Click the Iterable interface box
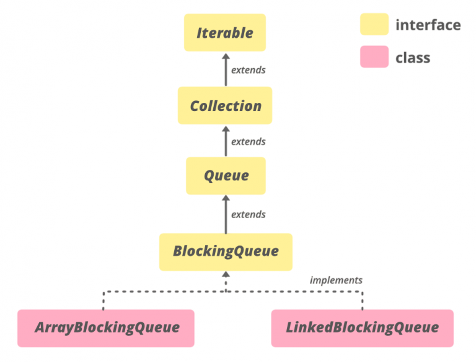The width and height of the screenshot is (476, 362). pos(225,32)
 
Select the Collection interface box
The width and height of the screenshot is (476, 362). pos(225,105)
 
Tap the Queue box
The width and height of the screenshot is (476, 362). pos(226,175)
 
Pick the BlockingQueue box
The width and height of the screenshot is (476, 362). pos(226,252)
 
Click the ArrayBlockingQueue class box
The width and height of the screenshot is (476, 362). pos(106,328)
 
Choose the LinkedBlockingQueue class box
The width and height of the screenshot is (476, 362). pos(362,328)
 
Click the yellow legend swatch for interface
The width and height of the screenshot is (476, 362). pos(374,25)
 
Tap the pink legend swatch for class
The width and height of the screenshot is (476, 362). pos(374,57)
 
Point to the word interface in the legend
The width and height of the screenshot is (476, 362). pos(428,25)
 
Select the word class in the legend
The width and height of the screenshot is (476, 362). pos(413,58)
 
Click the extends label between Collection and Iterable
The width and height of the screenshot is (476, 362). pos(248,69)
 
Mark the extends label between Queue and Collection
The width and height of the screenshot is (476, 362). pos(248,142)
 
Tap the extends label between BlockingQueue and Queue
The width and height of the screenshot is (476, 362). pos(248,214)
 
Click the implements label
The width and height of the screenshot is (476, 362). pos(336,280)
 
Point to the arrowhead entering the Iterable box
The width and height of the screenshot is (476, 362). pos(226,56)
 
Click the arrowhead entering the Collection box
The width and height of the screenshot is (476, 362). pos(226,128)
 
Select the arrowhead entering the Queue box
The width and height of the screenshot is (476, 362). pos(226,199)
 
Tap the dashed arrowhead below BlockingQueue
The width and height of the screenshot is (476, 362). pos(226,275)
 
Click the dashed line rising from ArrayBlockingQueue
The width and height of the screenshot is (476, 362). pos(104,300)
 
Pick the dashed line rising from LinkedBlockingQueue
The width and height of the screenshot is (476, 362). pos(363,300)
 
